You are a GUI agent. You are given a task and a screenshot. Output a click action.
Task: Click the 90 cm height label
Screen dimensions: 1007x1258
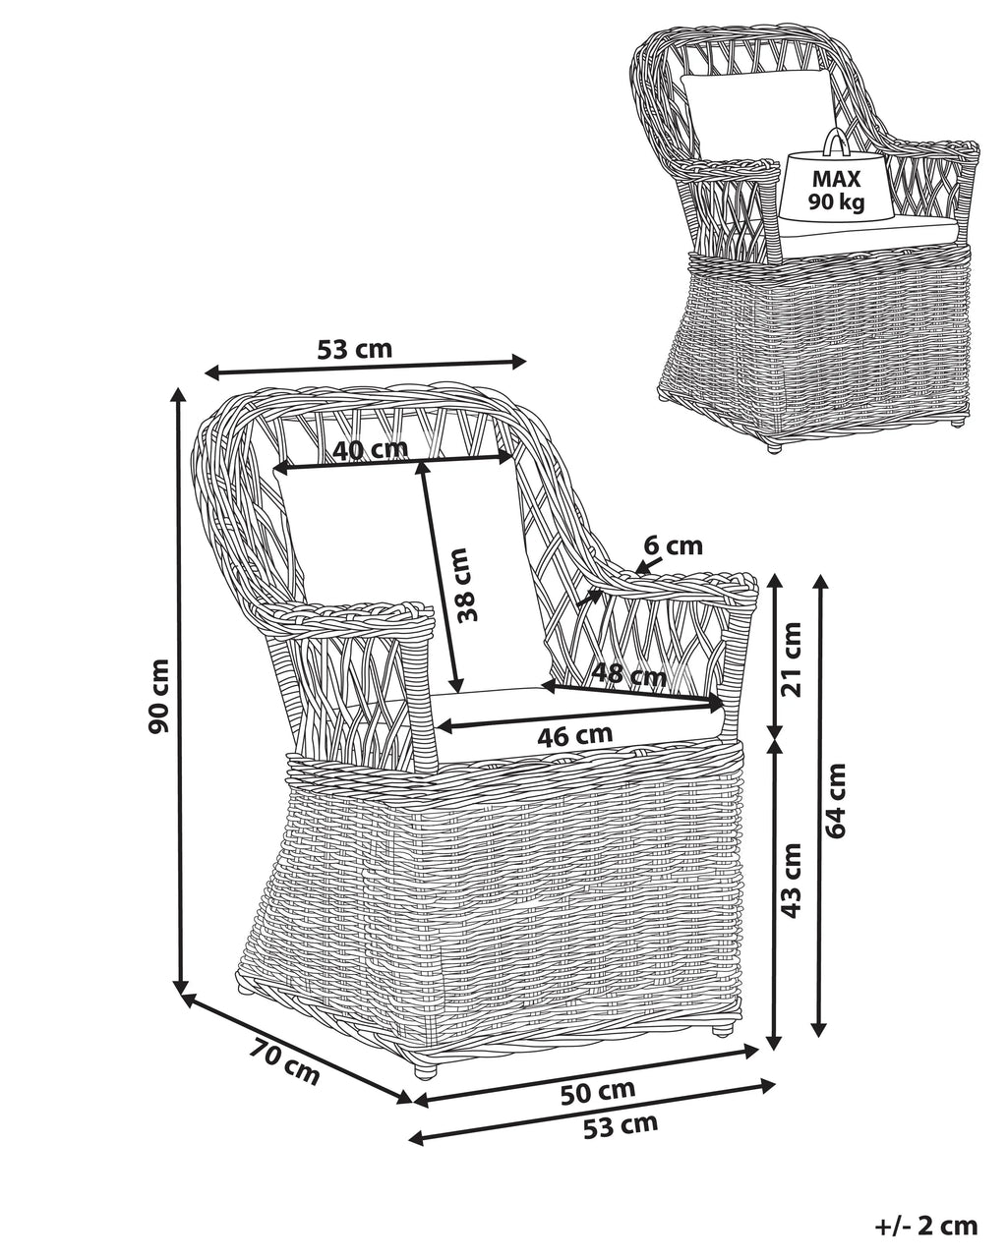[159, 696]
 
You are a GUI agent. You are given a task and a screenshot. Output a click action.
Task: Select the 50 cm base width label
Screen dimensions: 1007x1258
[597, 1091]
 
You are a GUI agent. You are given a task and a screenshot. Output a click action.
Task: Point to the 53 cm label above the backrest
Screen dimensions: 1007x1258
[354, 350]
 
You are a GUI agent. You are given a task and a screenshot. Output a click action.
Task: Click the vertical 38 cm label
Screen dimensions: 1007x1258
[468, 585]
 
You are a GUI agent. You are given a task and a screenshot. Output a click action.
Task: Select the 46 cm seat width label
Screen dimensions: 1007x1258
[575, 735]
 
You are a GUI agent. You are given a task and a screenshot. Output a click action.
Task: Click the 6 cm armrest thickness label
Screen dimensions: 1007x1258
[673, 545]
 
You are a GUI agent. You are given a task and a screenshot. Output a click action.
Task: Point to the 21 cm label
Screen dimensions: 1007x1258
[791, 658]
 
